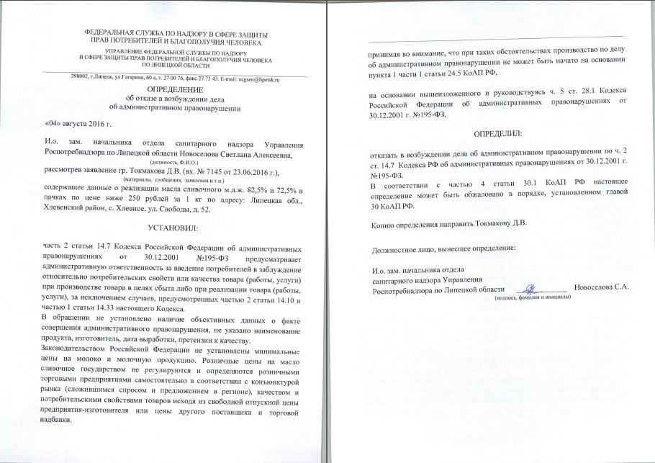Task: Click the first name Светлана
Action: (x=229, y=154)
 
